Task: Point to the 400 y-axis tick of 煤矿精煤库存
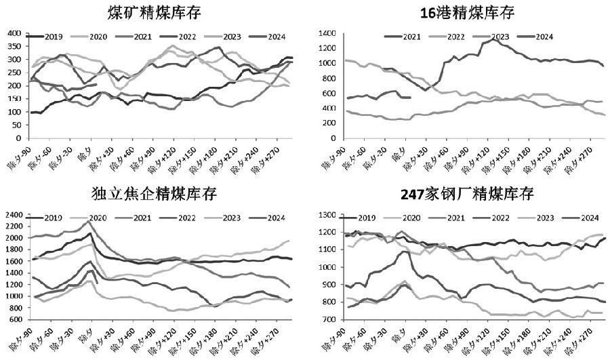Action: pos(14,33)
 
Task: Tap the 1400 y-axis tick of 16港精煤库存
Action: pos(329,33)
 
